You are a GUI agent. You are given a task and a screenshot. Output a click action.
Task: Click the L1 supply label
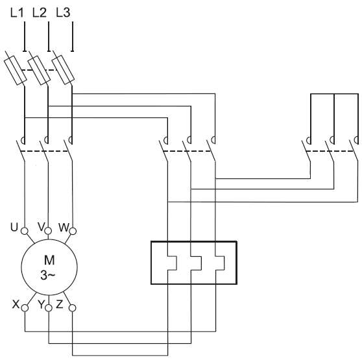pyautogui.click(x=17, y=12)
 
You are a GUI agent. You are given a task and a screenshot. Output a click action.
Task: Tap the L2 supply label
pyautogui.click(x=40, y=12)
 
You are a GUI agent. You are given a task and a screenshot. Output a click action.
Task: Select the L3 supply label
pyautogui.click(x=63, y=12)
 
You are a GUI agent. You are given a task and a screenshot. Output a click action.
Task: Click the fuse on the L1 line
pyautogui.click(x=15, y=70)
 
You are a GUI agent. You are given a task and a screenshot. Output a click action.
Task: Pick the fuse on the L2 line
pyautogui.click(x=39, y=70)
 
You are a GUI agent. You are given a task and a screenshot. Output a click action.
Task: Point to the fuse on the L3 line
pyautogui.click(x=63, y=70)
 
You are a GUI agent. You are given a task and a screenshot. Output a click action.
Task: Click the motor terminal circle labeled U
pyautogui.click(x=25, y=231)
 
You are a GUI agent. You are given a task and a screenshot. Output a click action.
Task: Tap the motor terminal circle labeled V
pyautogui.click(x=48, y=230)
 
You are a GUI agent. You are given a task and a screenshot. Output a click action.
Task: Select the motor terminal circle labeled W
pyautogui.click(x=73, y=231)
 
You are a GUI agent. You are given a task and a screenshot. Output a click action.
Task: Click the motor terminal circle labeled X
pyautogui.click(x=25, y=308)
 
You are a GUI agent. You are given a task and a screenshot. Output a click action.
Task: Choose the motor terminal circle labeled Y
pyautogui.click(x=49, y=308)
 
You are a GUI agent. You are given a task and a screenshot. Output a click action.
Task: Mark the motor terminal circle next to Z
pyautogui.click(x=73, y=308)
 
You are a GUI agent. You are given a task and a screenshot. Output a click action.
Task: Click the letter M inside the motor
pyautogui.click(x=49, y=260)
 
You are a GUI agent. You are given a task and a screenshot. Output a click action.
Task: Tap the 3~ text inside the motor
pyautogui.click(x=48, y=275)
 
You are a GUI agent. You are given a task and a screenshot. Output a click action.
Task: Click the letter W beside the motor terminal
pyautogui.click(x=64, y=227)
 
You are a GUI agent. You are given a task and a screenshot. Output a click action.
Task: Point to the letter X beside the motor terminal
pyautogui.click(x=16, y=304)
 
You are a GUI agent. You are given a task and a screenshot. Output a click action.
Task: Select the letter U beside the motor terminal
pyautogui.click(x=14, y=227)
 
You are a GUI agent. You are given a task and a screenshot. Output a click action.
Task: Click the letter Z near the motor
pyautogui.click(x=59, y=304)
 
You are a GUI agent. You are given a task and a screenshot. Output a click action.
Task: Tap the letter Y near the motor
pyautogui.click(x=41, y=304)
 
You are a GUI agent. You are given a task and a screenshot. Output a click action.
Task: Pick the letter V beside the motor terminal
pyautogui.click(x=41, y=227)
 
